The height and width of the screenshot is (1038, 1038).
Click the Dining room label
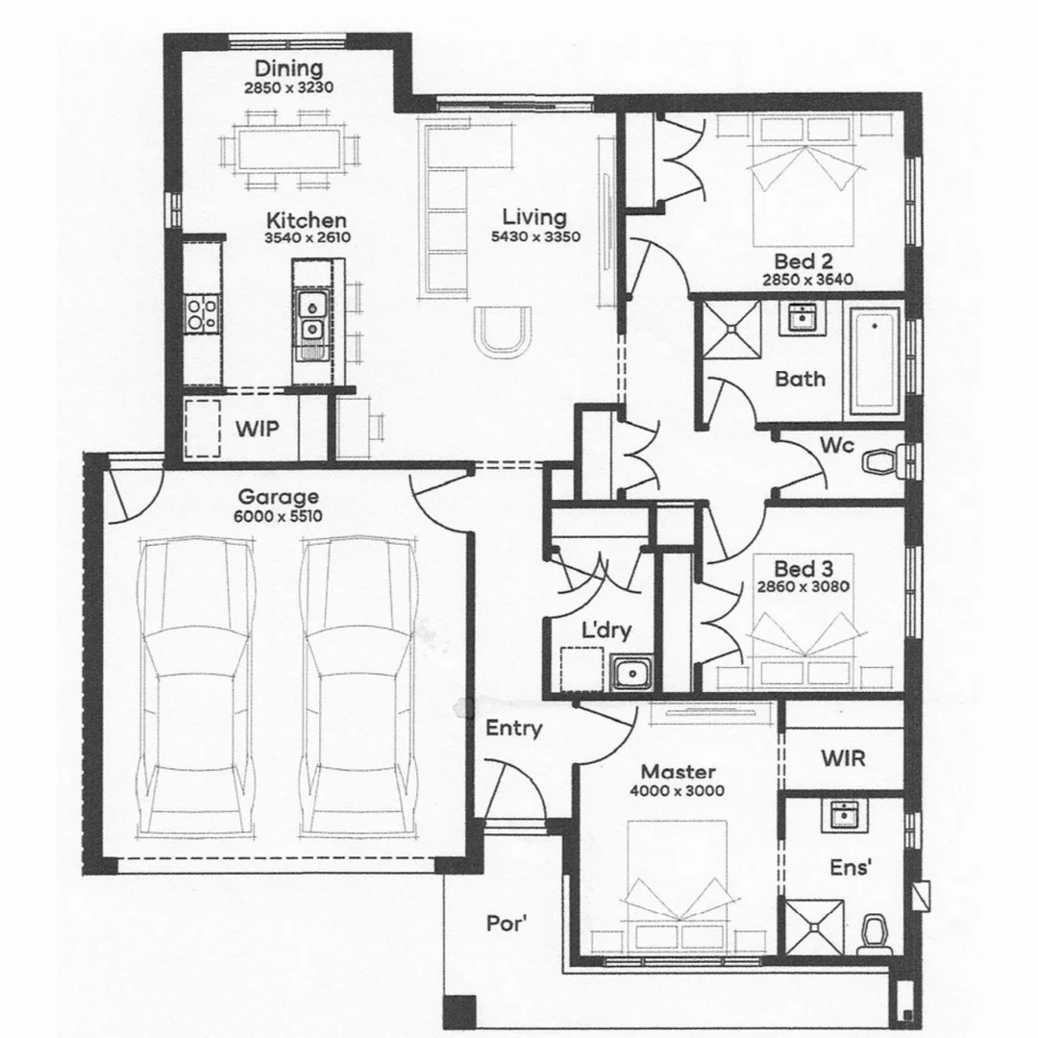pyautogui.click(x=288, y=68)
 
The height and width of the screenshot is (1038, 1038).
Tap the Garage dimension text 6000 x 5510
pyautogui.click(x=279, y=516)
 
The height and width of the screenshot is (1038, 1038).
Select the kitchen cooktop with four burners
pyautogui.click(x=202, y=312)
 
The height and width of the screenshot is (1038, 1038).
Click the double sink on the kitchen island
pyautogui.click(x=310, y=318)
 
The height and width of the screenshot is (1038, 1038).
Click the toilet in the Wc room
pyautogui.click(x=880, y=462)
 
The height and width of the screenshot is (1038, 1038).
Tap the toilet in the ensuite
pyautogui.click(x=874, y=932)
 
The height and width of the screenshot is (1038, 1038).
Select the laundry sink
pyautogui.click(x=631, y=672)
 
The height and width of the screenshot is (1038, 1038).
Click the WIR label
pyautogui.click(x=843, y=757)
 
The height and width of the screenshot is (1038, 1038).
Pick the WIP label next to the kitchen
pyautogui.click(x=258, y=429)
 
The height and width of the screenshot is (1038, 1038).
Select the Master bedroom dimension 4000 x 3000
pyautogui.click(x=679, y=791)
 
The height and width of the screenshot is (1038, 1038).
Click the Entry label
pyautogui.click(x=513, y=729)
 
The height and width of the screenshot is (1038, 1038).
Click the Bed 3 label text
pyautogui.click(x=803, y=568)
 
